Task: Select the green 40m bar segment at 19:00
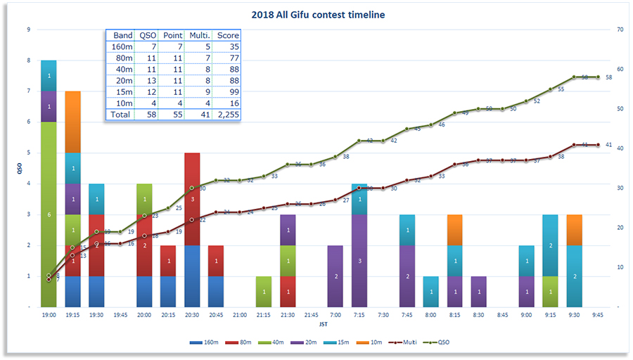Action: [x=49, y=214]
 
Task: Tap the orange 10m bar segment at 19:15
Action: [x=72, y=122]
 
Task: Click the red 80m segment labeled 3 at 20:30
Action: [x=192, y=199]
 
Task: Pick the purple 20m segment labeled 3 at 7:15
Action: [x=359, y=260]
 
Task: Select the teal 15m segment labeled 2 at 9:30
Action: [x=575, y=276]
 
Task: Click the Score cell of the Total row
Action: [x=228, y=114]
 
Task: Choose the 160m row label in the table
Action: [x=123, y=46]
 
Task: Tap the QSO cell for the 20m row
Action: [x=148, y=80]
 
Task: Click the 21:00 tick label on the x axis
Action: [x=240, y=316]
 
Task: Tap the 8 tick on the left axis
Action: [x=28, y=60]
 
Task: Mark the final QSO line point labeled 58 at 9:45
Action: [x=599, y=77]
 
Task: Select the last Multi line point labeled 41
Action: [x=599, y=145]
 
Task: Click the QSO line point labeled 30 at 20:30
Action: [x=192, y=188]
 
